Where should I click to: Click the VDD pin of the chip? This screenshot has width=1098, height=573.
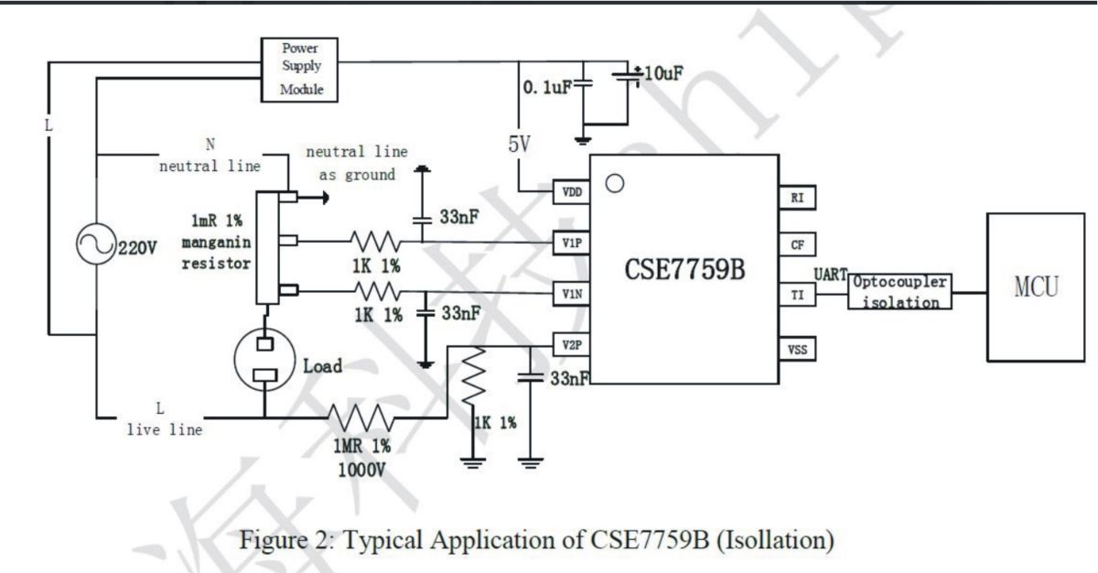pos(572,191)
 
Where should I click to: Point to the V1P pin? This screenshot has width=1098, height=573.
pos(572,243)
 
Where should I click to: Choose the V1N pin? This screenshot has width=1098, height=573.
pos(572,294)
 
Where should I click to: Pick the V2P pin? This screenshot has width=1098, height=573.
pos(572,344)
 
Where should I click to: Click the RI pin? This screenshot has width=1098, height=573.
pos(798,198)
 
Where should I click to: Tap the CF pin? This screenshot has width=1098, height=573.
pos(798,244)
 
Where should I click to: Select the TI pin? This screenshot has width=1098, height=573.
pos(798,295)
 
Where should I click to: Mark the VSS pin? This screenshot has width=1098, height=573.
pos(798,349)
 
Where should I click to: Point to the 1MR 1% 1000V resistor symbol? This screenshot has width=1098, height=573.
pos(361,418)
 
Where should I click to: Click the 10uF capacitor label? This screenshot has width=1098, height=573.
pos(663,73)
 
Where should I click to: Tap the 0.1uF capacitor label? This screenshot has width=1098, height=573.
pos(547,87)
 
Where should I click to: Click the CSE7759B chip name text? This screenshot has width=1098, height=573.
pos(684,269)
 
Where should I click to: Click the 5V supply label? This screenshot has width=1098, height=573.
pos(519,144)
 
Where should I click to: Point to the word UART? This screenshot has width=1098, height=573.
pos(831,275)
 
